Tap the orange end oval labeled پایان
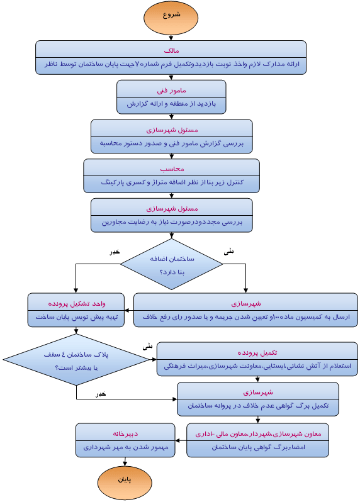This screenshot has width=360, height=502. click(x=125, y=482)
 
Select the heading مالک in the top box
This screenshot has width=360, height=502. click(x=171, y=49)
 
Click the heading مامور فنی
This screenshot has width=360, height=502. click(x=171, y=89)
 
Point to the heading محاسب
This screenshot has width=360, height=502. click(x=171, y=169)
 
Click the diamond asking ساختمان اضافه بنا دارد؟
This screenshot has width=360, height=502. click(x=172, y=265)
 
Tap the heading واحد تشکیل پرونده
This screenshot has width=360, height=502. click(x=77, y=303)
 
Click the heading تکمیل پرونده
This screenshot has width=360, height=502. click(x=257, y=351)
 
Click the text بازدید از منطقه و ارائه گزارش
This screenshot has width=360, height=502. click(x=171, y=104)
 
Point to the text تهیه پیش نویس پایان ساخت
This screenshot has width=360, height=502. click(x=77, y=318)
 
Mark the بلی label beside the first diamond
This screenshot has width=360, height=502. click(x=228, y=250)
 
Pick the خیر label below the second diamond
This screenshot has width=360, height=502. click(x=101, y=393)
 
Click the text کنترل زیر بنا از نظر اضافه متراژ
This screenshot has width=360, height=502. click(x=171, y=183)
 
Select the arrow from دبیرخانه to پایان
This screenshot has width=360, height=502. click(x=125, y=462)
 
